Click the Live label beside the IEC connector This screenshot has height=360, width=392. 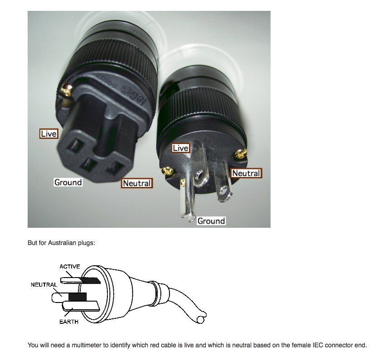48,134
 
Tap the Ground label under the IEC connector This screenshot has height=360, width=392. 68,182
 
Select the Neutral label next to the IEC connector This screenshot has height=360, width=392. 137,183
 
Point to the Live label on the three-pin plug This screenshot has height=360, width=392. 180,148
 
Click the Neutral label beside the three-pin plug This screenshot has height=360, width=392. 246,173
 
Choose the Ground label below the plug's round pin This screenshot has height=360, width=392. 211,221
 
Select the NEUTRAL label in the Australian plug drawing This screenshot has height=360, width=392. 44,285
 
